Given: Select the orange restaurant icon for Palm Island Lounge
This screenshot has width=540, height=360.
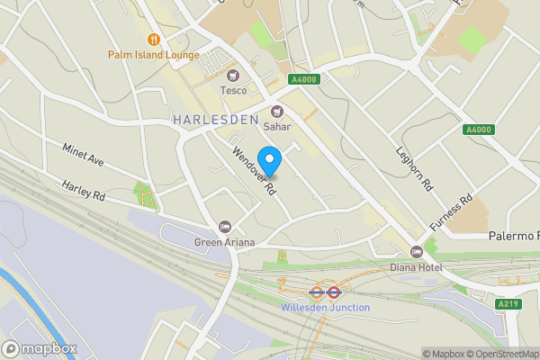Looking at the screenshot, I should [154, 39].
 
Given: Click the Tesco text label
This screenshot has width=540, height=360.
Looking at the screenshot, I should [235, 90].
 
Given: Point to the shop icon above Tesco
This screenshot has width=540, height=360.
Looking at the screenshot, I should [235, 76].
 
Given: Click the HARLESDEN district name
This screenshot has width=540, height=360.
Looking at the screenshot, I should [216, 119].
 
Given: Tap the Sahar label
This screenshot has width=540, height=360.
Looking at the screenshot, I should [277, 127].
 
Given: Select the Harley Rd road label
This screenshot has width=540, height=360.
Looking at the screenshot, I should [84, 191].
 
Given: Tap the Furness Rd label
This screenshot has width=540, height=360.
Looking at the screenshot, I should [452, 213].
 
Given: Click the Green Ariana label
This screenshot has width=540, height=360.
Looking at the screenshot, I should [224, 241].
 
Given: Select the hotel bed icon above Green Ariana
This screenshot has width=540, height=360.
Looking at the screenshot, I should [224, 227].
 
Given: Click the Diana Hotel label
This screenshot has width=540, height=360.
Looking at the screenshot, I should [416, 266].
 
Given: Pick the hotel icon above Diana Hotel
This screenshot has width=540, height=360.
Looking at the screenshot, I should [416, 252].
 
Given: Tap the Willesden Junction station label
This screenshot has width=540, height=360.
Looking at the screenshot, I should [325, 307].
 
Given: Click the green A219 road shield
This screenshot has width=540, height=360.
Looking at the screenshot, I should [509, 304].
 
